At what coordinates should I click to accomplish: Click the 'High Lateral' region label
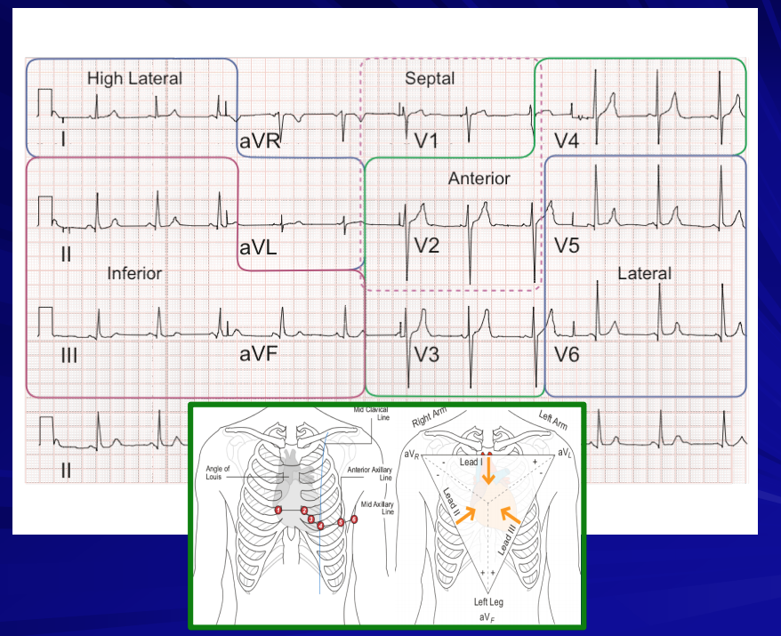pos(134,78)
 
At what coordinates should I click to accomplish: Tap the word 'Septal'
pos(430,78)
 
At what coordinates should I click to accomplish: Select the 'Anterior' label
pos(479,178)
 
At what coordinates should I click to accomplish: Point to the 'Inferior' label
pos(134,273)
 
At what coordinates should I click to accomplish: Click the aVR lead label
pos(260,141)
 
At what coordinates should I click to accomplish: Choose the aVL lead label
pos(258,248)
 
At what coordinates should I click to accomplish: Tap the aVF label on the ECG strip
pos(259,353)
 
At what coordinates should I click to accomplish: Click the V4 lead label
pos(568,141)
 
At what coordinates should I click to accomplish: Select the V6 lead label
pos(568,354)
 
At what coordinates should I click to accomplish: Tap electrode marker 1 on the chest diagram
pos(278,510)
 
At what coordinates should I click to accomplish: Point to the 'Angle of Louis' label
pos(217,473)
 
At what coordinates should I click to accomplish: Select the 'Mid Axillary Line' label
pos(373,507)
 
